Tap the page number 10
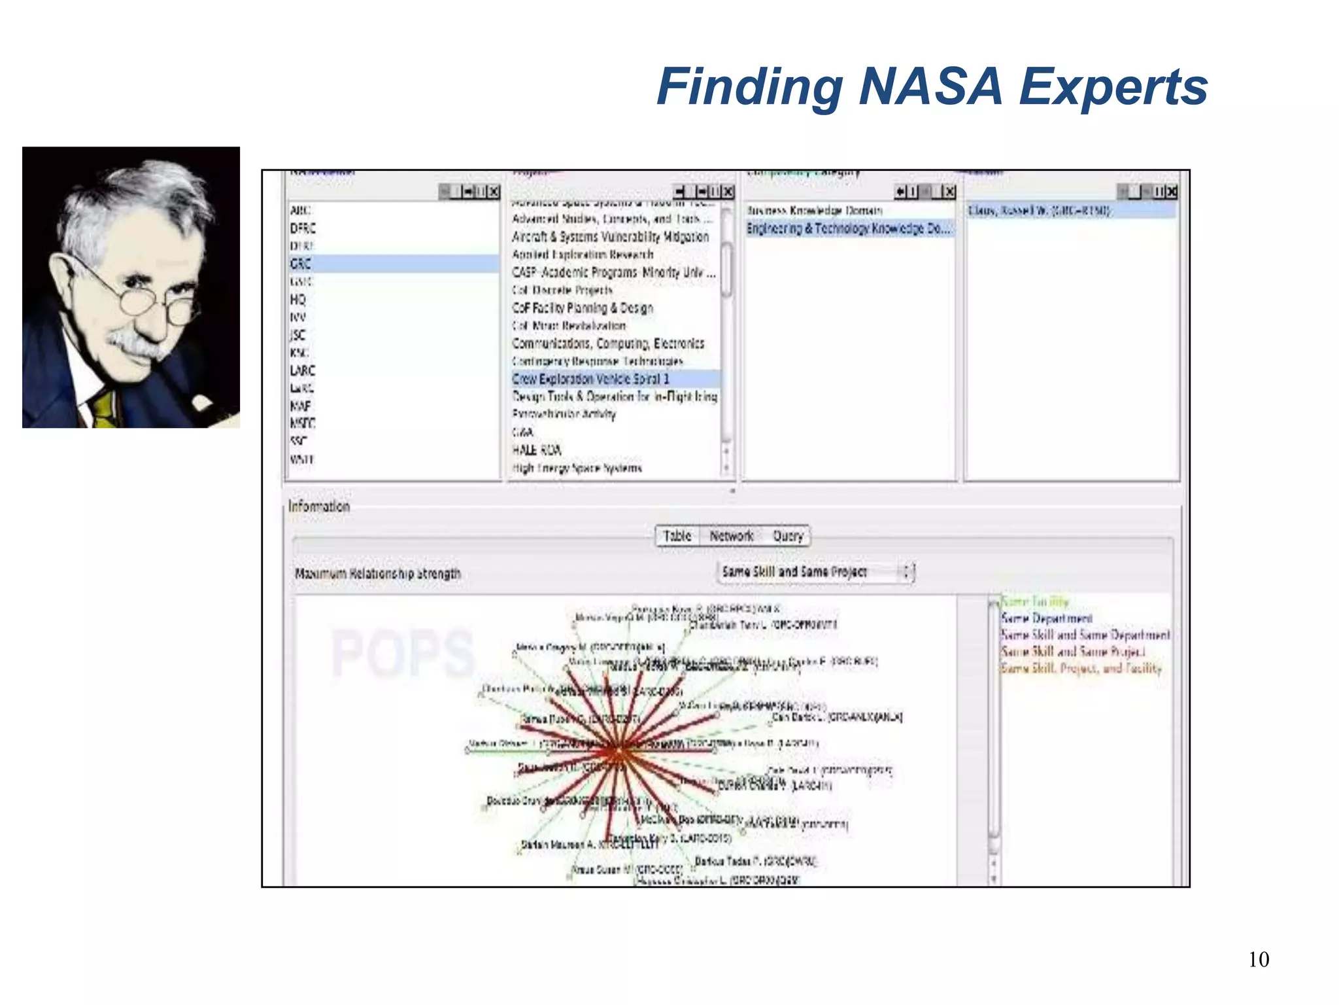coord(1259,959)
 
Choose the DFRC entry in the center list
coord(303,228)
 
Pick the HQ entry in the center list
coord(297,300)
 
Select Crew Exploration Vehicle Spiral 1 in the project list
coord(590,379)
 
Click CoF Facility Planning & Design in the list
coord(583,308)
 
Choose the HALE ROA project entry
coord(536,450)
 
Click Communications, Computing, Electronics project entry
coord(608,344)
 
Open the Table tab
coord(677,536)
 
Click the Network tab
coord(732,536)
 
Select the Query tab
coord(788,536)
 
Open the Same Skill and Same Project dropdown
coord(815,572)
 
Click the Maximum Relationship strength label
coord(378,574)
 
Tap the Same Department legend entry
coord(1047,618)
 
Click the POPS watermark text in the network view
coord(403,652)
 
